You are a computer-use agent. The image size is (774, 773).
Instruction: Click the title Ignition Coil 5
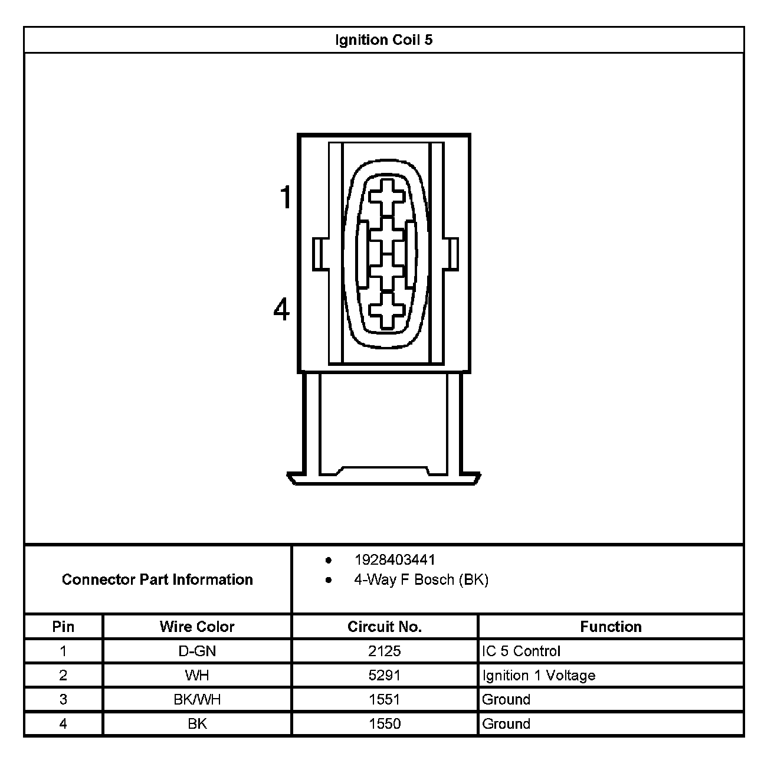click(x=383, y=40)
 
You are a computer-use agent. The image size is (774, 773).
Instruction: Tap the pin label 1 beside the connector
click(x=286, y=197)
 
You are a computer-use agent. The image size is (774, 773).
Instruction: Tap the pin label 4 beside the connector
click(x=281, y=309)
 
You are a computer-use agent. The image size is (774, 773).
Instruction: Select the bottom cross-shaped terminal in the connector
click(x=386, y=309)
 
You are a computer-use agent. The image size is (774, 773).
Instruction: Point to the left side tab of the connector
click(x=317, y=254)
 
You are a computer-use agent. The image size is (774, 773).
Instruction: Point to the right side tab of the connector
click(x=454, y=254)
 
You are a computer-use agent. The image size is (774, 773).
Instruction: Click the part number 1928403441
click(x=395, y=559)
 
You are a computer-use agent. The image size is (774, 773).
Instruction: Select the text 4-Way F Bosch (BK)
click(x=421, y=579)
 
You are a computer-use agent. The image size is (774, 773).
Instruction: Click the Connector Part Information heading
click(x=158, y=579)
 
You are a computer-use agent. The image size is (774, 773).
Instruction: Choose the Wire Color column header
click(x=197, y=627)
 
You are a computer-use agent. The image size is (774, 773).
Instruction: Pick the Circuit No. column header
click(x=385, y=627)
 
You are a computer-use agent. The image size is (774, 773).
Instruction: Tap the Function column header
click(x=611, y=627)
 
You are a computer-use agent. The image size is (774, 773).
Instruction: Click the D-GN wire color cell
click(x=197, y=651)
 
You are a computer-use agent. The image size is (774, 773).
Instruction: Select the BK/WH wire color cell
click(x=197, y=699)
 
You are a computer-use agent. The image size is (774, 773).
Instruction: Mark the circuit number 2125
click(x=385, y=651)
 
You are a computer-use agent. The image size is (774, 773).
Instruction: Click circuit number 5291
click(x=385, y=675)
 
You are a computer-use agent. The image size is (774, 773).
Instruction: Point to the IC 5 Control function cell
click(x=521, y=651)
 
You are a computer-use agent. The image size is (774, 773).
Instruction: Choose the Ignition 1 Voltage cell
click(x=539, y=675)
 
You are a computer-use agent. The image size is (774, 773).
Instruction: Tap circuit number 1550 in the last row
click(x=385, y=723)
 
